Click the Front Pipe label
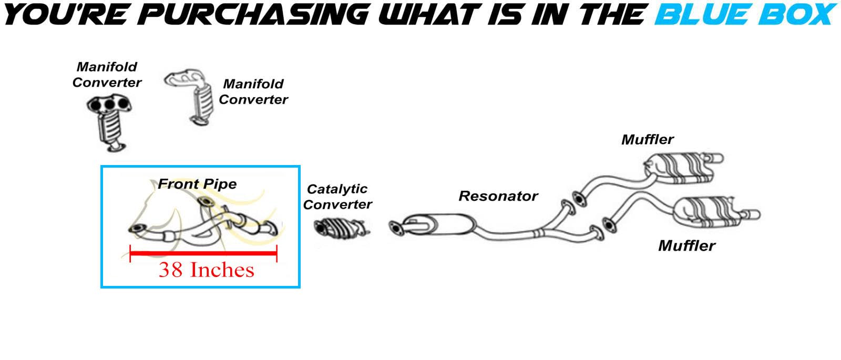click(197, 184)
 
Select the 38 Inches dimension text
click(206, 270)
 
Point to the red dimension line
click(203, 254)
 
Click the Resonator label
click(498, 196)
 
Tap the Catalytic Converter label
click(337, 197)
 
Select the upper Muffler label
click(647, 140)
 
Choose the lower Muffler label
click(686, 245)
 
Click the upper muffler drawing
click(681, 168)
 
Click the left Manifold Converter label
click(107, 75)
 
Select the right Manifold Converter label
click(253, 91)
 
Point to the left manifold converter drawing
click(109, 122)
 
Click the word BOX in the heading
click(797, 14)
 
